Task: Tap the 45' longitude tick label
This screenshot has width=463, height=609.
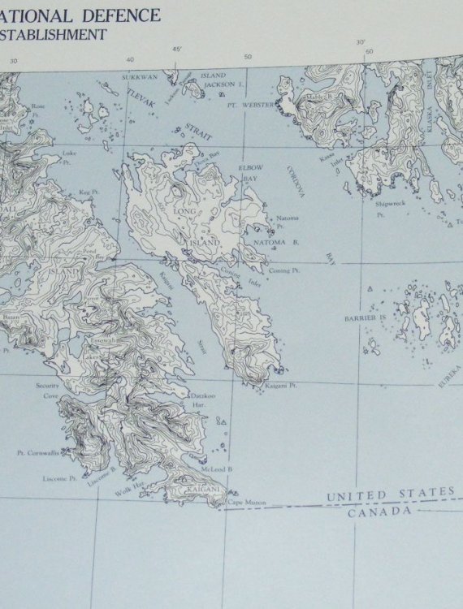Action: pos(177,50)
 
